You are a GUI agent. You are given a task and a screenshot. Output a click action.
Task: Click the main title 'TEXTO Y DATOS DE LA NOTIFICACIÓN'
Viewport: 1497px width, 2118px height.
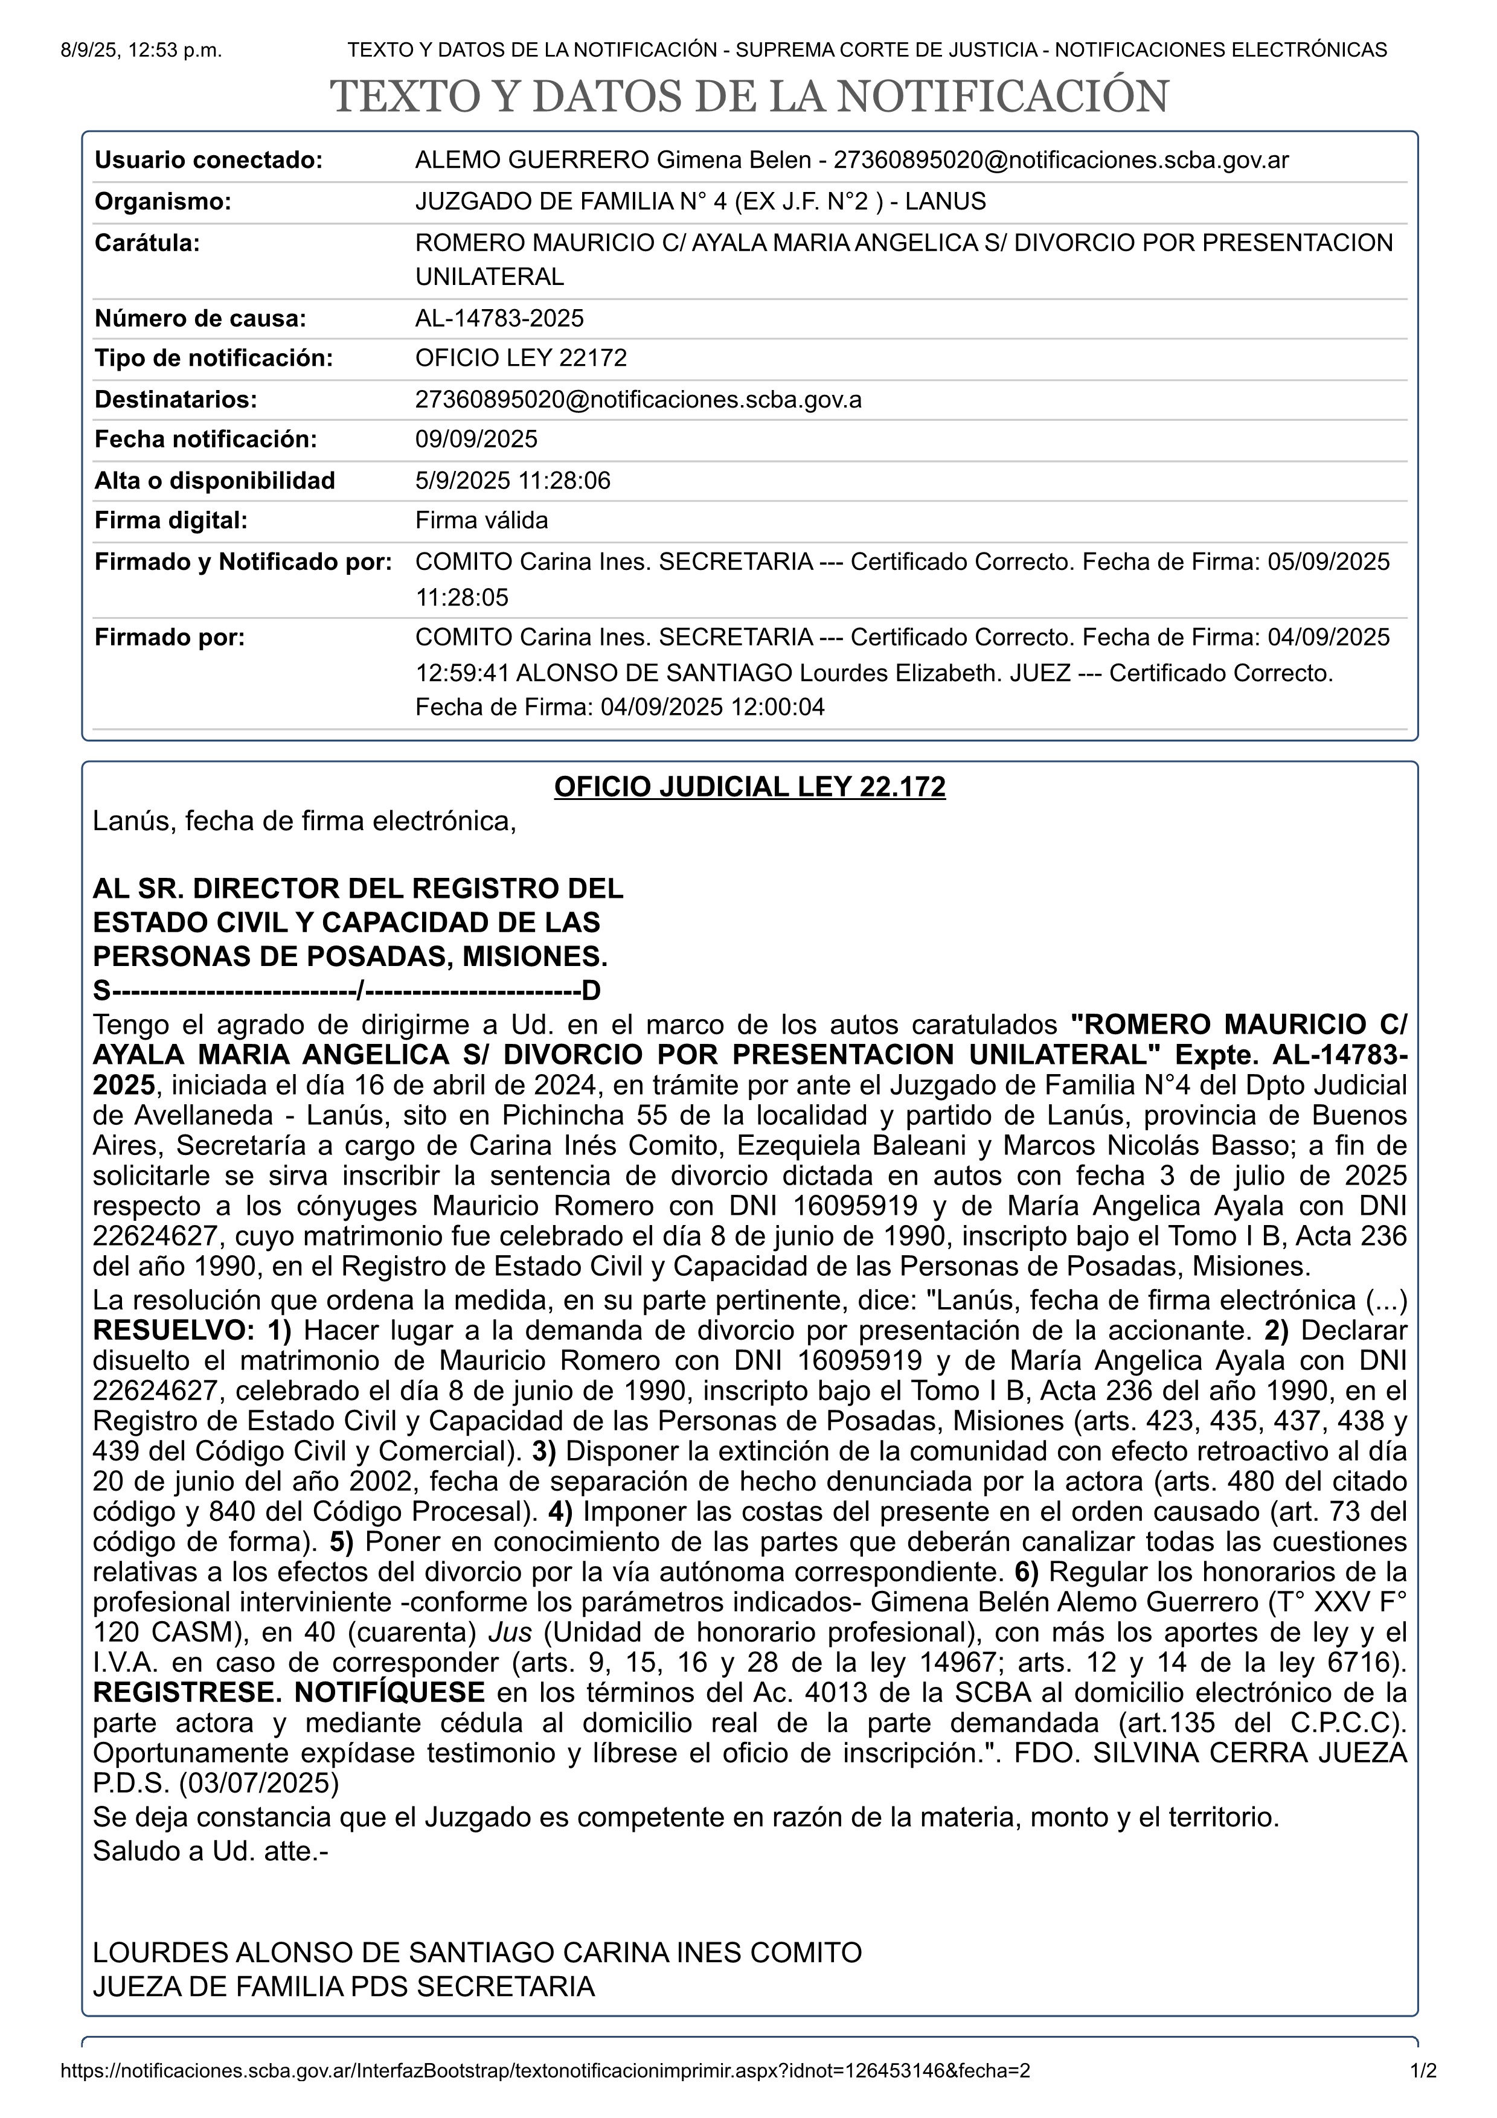pyautogui.click(x=748, y=97)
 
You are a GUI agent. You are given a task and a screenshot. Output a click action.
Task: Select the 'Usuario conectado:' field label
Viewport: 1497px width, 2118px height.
pyautogui.click(x=208, y=161)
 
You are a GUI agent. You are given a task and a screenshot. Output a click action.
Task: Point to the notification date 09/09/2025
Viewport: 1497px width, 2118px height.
pyautogui.click(x=476, y=439)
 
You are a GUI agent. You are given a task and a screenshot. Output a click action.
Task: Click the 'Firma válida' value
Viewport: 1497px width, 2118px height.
pyautogui.click(x=481, y=520)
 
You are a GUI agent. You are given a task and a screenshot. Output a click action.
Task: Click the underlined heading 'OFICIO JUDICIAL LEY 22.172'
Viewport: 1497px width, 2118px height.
pyautogui.click(x=749, y=787)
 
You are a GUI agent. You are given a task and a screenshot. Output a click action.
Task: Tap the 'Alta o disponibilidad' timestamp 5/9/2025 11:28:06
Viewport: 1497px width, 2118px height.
pyautogui.click(x=512, y=481)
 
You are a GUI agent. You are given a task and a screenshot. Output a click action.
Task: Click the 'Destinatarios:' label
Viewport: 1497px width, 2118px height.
pyautogui.click(x=175, y=400)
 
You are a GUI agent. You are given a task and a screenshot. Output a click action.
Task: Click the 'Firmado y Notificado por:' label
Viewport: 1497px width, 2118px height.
pyautogui.click(x=243, y=561)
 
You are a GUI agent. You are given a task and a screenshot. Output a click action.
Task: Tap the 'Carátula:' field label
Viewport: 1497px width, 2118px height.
pyautogui.click(x=147, y=243)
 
